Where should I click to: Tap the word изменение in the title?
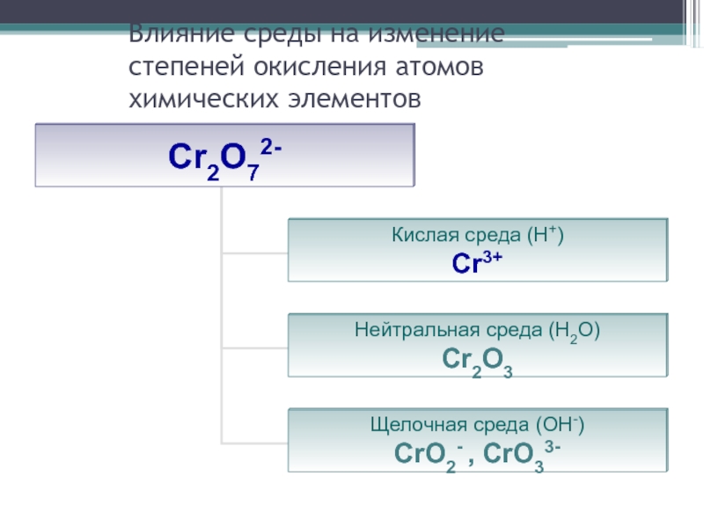point(436,36)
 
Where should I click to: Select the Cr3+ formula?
point(477,261)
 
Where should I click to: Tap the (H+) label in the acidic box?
point(546,236)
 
